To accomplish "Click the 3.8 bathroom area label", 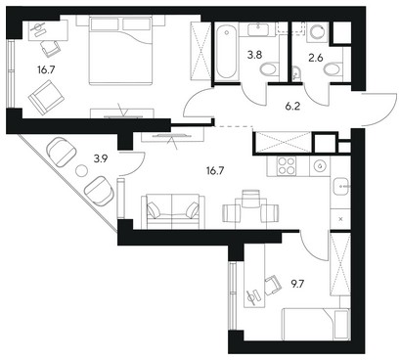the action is [254, 55].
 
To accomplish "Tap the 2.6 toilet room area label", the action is [316, 58].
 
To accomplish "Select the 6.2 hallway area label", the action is [292, 107].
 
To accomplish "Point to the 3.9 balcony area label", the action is [101, 158].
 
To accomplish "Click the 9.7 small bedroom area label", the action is [297, 284].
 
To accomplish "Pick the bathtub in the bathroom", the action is [227, 52].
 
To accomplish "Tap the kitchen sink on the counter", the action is [340, 187].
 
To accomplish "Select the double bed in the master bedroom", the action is [121, 50].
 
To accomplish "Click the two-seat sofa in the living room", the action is [172, 211].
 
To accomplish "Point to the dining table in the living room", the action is [250, 214].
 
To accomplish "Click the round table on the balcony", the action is [81, 170].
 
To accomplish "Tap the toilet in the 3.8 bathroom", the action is [270, 69].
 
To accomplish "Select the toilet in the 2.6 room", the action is [333, 69].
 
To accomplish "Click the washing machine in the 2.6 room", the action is [318, 31].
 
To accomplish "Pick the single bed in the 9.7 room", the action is [316, 324].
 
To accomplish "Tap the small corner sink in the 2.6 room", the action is [296, 74].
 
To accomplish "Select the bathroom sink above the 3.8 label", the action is [259, 29].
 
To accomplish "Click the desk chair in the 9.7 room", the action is [273, 285].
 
